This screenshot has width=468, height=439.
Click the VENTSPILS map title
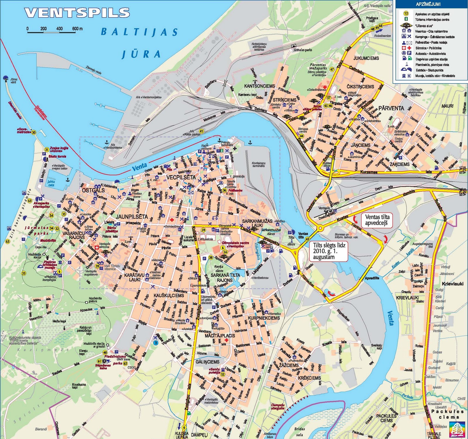(x=77, y=13)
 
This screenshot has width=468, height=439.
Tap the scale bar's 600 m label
(x=78, y=29)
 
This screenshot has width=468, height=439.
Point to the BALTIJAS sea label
(x=139, y=32)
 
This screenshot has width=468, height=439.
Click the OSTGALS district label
(x=93, y=190)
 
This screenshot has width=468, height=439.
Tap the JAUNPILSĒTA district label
(x=132, y=217)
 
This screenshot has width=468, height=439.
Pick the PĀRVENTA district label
(x=391, y=108)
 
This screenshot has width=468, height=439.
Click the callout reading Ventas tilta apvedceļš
(x=377, y=220)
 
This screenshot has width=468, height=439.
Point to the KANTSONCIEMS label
(x=259, y=86)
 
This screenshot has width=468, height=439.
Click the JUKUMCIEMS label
(x=366, y=58)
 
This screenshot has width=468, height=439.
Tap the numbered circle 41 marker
(x=201, y=131)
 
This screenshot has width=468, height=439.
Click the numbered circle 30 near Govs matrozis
(x=34, y=132)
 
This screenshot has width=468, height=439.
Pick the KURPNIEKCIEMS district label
(x=264, y=318)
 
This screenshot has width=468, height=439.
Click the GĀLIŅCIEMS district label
(x=208, y=362)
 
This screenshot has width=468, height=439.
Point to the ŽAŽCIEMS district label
(x=289, y=365)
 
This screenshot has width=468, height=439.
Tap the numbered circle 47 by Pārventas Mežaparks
(x=332, y=69)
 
